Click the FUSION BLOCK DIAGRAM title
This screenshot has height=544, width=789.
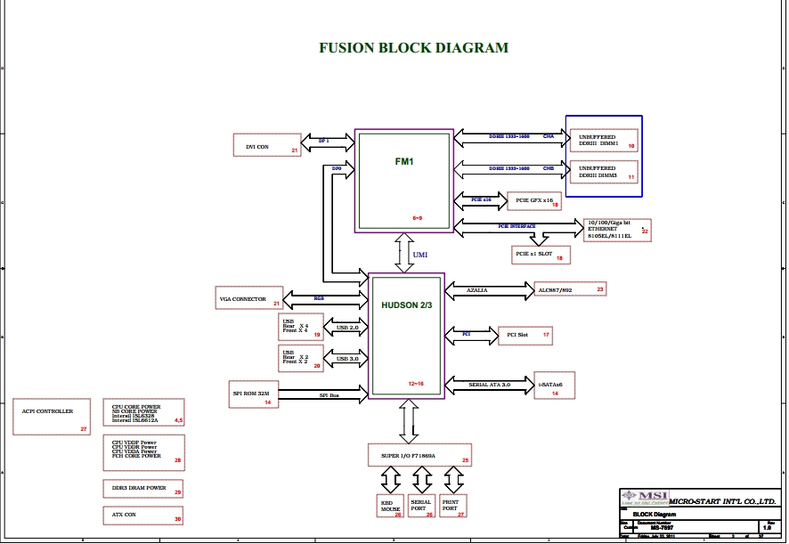[414, 48]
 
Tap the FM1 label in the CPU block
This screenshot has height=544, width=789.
[405, 162]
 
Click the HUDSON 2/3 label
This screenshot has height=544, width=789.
[406, 305]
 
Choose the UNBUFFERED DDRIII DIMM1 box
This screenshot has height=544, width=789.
[604, 140]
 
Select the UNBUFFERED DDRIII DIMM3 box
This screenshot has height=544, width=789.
[604, 171]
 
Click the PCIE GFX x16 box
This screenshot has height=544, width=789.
[533, 202]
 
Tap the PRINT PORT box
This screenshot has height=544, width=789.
[452, 505]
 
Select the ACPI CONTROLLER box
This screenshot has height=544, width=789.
[53, 417]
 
